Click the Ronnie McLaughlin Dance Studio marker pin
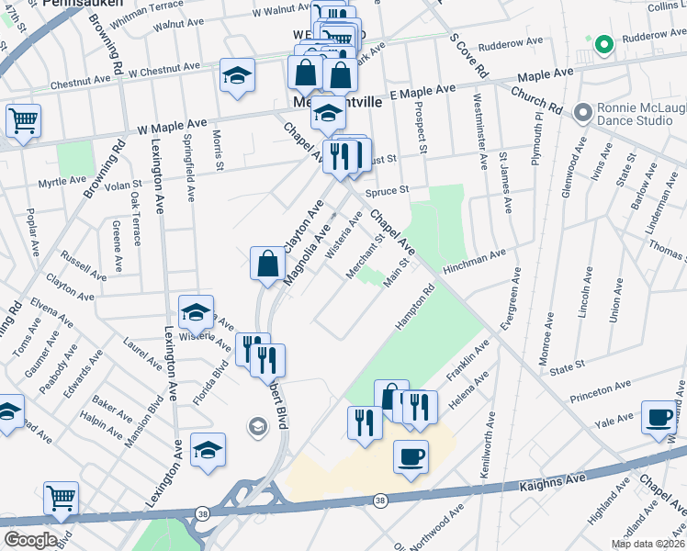coord(580,112)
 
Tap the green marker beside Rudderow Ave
coord(603,43)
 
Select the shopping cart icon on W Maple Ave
coord(23,120)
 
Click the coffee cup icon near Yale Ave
coord(659,415)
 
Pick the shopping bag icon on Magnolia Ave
coord(266,263)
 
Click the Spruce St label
coord(386,192)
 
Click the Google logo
coord(30,540)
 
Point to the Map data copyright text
coord(648,544)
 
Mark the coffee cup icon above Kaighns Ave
coord(411,455)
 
